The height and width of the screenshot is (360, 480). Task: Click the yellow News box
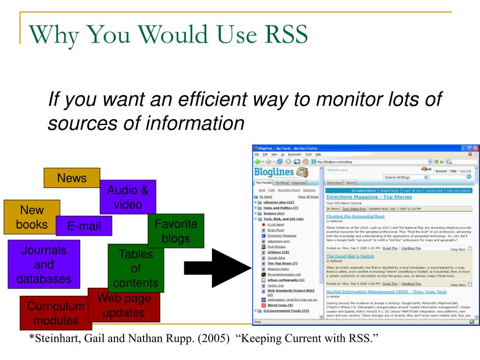[x=72, y=178]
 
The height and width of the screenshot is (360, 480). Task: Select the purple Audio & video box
[x=127, y=197]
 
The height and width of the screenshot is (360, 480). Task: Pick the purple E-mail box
[x=84, y=226]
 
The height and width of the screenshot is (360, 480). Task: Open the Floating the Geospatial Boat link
[x=355, y=216]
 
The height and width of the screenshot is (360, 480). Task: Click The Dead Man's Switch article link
[x=350, y=256]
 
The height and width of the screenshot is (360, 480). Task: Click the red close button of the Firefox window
[x=476, y=148]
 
